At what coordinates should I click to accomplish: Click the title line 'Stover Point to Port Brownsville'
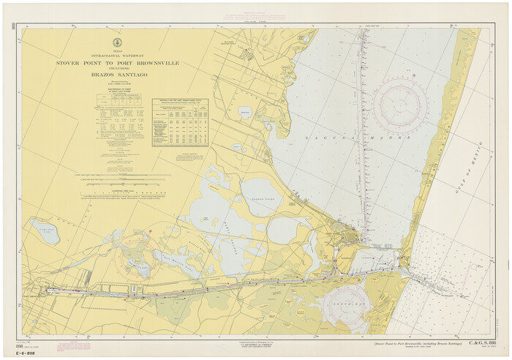(118, 64)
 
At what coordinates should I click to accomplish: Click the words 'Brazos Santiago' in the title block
(118, 75)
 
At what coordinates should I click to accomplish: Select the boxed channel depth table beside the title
(180, 121)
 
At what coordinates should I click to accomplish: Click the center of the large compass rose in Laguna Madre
(400, 108)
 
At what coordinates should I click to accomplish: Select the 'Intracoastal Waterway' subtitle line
(118, 56)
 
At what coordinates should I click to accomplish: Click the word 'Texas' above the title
(118, 51)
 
